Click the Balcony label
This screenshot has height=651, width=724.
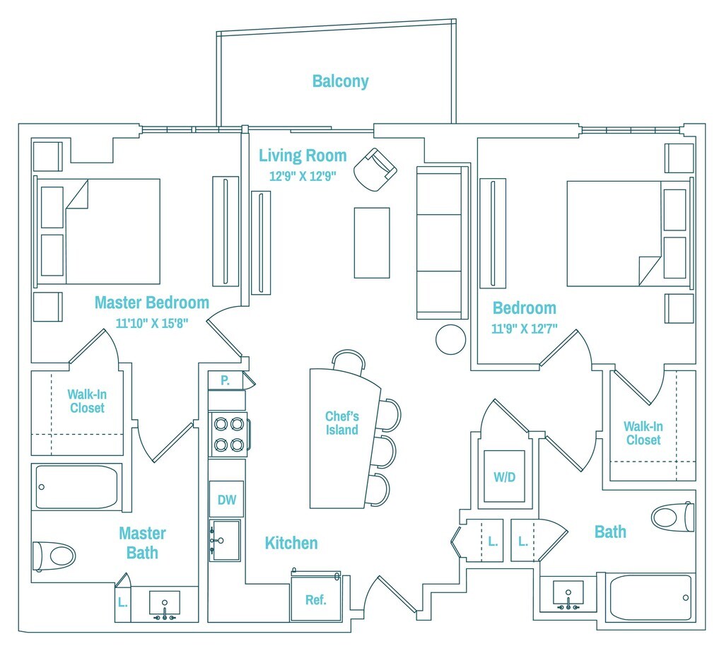pyautogui.click(x=340, y=81)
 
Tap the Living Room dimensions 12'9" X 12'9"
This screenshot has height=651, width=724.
pyautogui.click(x=302, y=177)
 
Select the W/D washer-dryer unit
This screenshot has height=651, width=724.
pyautogui.click(x=504, y=477)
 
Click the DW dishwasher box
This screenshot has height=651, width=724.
pyautogui.click(x=226, y=500)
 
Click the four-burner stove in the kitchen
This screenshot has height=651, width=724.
pyautogui.click(x=229, y=434)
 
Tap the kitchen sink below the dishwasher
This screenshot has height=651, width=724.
pyautogui.click(x=226, y=541)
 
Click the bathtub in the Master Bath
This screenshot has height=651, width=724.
pyautogui.click(x=76, y=487)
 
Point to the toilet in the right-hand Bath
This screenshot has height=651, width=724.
pyautogui.click(x=672, y=517)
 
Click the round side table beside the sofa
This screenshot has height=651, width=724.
pyautogui.click(x=450, y=339)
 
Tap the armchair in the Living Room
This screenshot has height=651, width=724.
pyautogui.click(x=375, y=168)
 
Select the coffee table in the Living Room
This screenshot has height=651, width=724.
pyautogui.click(x=372, y=242)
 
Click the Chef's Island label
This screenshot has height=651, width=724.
pyautogui.click(x=342, y=423)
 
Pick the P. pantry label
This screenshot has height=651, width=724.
pyautogui.click(x=225, y=380)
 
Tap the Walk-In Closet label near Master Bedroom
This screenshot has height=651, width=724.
pyautogui.click(x=87, y=401)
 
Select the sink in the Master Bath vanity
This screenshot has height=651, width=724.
pyautogui.click(x=165, y=605)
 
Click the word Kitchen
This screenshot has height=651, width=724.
pyautogui.click(x=291, y=543)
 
